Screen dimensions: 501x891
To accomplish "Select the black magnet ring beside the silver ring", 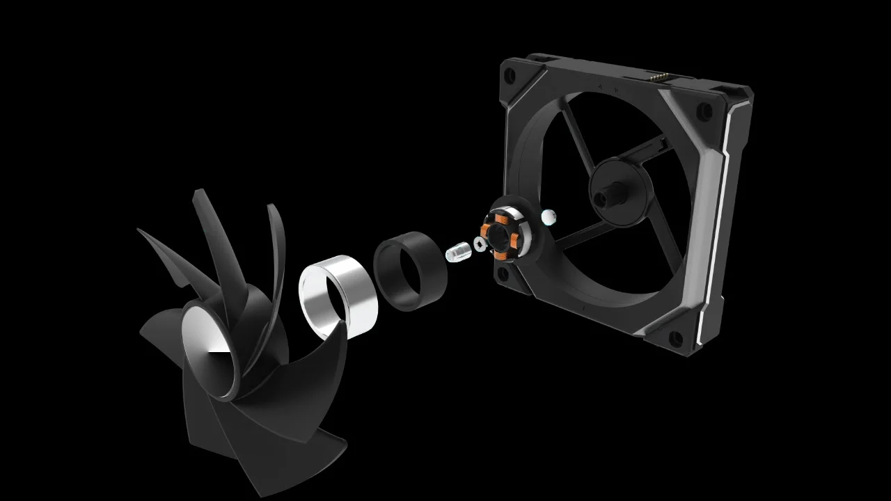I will [411, 269].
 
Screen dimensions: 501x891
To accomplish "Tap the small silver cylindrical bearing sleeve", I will [457, 252].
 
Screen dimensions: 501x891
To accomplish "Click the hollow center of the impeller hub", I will [208, 352].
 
